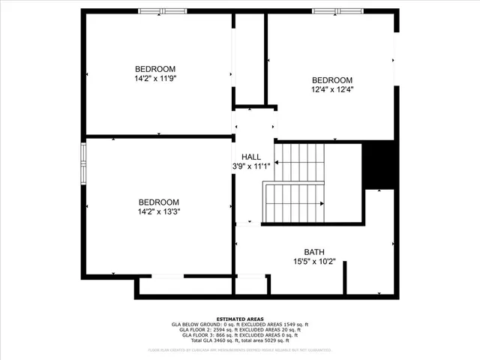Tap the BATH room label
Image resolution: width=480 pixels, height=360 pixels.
pyautogui.click(x=314, y=252)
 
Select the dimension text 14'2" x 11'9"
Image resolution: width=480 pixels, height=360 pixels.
pyautogui.click(x=155, y=77)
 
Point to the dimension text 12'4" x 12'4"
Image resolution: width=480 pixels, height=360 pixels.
pyautogui.click(x=332, y=89)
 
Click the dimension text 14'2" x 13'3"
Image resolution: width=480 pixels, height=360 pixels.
pyautogui.click(x=159, y=211)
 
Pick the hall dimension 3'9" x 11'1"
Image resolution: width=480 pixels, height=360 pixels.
pyautogui.click(x=251, y=166)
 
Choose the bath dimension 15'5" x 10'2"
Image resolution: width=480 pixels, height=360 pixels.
pyautogui.click(x=314, y=262)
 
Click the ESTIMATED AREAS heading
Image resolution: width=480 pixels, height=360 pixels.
pyautogui.click(x=240, y=319)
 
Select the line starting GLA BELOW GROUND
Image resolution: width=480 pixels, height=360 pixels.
pyautogui.click(x=240, y=324)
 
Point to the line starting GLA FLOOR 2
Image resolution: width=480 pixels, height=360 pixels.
pyautogui.click(x=240, y=330)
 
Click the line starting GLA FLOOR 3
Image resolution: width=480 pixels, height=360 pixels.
pyautogui.click(x=240, y=335)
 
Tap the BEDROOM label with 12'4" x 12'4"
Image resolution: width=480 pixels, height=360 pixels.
pyautogui.click(x=332, y=80)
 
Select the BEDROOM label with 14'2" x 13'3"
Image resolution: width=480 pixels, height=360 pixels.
pyautogui.click(x=159, y=202)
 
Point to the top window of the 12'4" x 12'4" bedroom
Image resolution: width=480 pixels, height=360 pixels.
pyautogui.click(x=336, y=11)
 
